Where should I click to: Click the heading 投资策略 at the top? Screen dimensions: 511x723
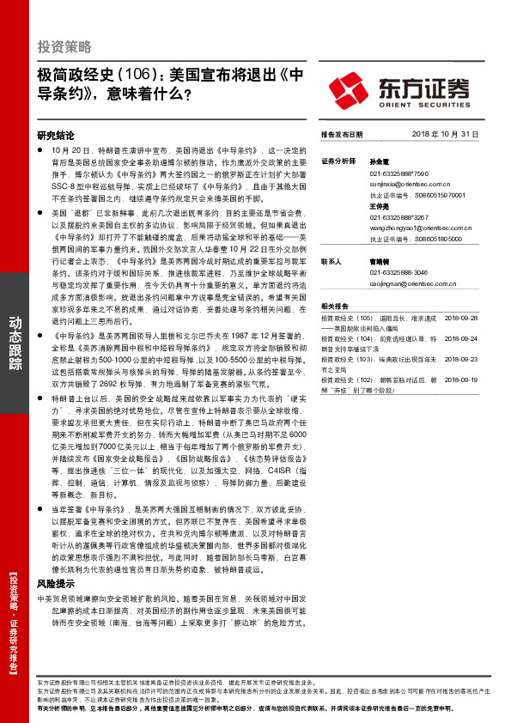[64, 46]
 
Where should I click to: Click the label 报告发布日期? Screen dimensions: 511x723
[342, 135]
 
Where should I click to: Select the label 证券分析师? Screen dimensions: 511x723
[338, 161]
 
